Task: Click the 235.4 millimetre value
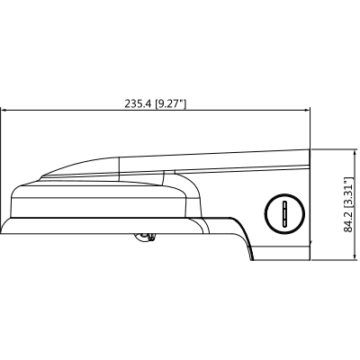point(139,103)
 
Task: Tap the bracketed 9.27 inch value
point(171,103)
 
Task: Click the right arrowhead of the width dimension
point(305,111)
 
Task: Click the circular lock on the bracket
point(282,213)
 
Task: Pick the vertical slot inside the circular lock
point(282,213)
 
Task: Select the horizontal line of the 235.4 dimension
point(90,111)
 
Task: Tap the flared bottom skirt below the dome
point(54,229)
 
